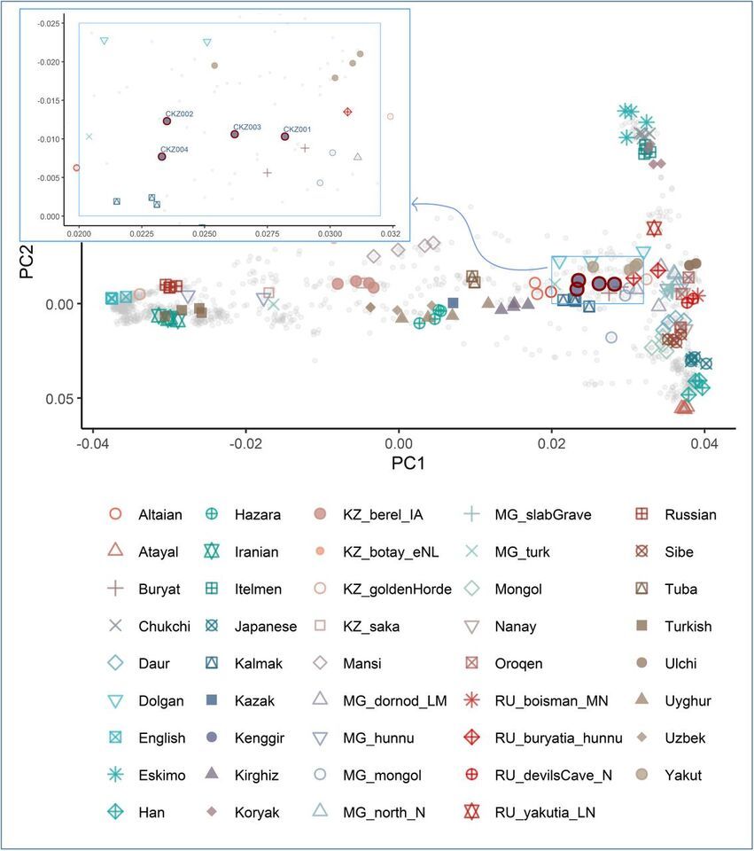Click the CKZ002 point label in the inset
[179, 113]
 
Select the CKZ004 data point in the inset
[161, 157]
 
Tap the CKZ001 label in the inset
[297, 129]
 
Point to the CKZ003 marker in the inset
[235, 134]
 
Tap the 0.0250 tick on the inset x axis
[205, 233]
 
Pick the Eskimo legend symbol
[114, 775]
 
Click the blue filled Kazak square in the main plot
[453, 303]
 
